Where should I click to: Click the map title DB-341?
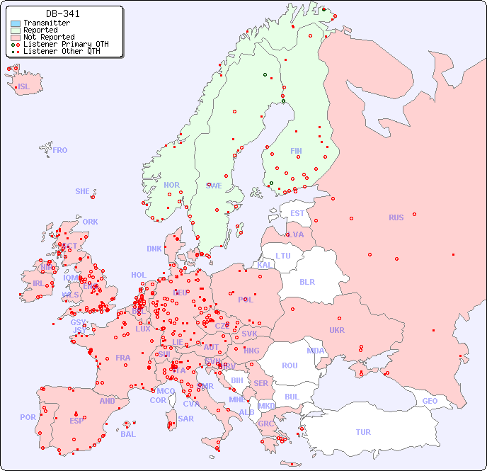62,13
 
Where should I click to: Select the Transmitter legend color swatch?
16,23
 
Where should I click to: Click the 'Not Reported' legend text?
48,37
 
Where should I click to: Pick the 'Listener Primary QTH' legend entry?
66,44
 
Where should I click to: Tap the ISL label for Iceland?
24,87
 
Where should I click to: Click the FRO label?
60,150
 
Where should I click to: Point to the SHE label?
83,191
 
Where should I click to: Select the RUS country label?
396,217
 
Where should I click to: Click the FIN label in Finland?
296,151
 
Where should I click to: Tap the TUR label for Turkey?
363,432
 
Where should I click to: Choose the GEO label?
430,401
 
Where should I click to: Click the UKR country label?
337,330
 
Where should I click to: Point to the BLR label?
306,281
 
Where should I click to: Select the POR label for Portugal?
28,417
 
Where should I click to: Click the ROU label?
290,365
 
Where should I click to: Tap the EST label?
297,213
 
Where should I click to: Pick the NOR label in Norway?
171,185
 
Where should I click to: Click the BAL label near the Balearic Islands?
127,434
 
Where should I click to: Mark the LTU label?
283,256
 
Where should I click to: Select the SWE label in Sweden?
214,186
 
